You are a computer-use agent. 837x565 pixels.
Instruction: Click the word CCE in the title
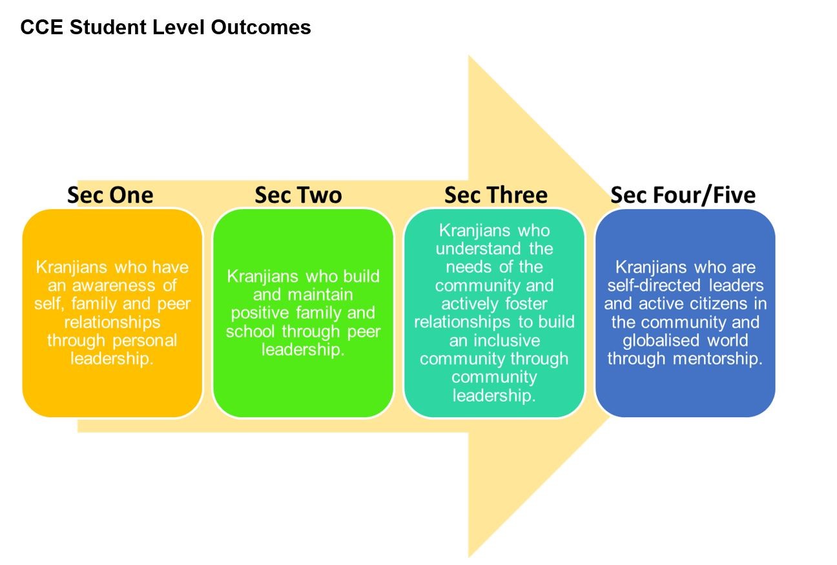[x=42, y=27]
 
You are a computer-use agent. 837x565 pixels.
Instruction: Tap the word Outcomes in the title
[x=261, y=27]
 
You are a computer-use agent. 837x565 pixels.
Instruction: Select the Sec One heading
[x=110, y=195]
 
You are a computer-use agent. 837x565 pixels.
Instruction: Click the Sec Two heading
[x=298, y=195]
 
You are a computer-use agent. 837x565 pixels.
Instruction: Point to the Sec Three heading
[x=496, y=195]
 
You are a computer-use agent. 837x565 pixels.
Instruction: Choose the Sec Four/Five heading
[x=683, y=196]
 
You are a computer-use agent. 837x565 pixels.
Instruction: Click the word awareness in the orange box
[x=113, y=285]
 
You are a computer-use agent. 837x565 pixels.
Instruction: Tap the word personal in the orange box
[x=145, y=341]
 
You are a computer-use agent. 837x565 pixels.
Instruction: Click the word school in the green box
[x=251, y=331]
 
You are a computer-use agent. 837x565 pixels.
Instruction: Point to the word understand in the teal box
[x=478, y=249]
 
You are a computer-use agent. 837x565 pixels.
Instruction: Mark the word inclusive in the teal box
[x=507, y=340]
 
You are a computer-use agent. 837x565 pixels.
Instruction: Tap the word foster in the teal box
[x=526, y=303]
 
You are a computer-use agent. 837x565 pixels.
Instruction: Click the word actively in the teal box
[x=470, y=304]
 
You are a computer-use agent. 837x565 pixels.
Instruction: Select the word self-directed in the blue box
[x=654, y=285]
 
